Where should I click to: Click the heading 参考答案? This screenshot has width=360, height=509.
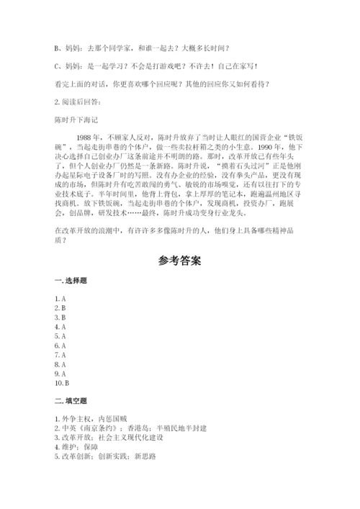point(180,258)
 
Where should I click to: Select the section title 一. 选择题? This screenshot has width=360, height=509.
point(70,279)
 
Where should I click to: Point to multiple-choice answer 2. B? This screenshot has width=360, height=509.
point(60,307)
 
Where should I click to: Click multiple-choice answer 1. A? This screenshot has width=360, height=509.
point(60,298)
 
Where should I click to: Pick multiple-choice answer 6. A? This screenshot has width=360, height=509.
point(60,346)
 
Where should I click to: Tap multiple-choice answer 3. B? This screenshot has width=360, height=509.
point(60,317)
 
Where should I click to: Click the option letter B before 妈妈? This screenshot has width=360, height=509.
point(57,48)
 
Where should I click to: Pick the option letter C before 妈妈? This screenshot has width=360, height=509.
point(57,66)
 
